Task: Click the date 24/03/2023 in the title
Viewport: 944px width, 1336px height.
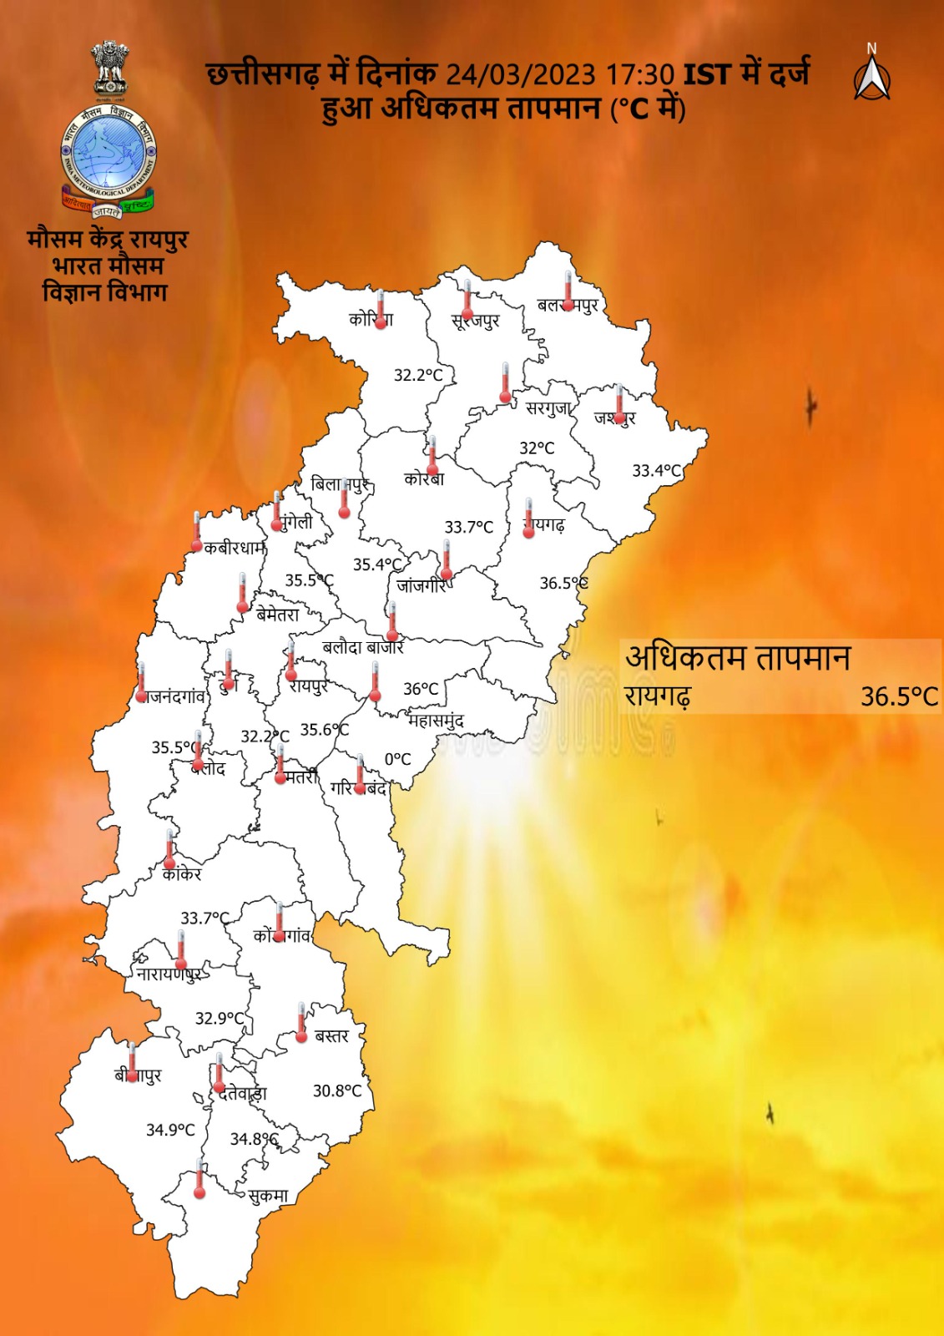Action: click(x=519, y=75)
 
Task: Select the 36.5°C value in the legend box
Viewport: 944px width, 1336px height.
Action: click(x=899, y=696)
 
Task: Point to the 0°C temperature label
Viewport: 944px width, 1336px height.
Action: click(x=397, y=759)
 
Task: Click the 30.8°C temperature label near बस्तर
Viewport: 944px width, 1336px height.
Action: click(x=337, y=1091)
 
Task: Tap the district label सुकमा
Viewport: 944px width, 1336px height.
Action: click(x=268, y=1196)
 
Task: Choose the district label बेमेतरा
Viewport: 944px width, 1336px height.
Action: click(x=277, y=615)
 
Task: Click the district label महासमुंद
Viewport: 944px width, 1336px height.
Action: click(x=436, y=720)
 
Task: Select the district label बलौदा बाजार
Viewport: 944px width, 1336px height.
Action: click(x=362, y=647)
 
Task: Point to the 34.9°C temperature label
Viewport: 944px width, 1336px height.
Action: click(x=170, y=1130)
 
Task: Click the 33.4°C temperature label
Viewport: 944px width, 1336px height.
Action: click(x=656, y=470)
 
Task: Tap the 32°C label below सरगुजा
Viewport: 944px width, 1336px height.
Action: click(x=537, y=448)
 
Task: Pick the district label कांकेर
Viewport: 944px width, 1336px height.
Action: click(x=182, y=874)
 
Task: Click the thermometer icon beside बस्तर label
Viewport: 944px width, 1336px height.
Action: click(x=301, y=1023)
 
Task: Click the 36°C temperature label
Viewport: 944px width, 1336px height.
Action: click(x=421, y=689)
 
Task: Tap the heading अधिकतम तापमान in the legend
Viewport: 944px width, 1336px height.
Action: click(x=738, y=658)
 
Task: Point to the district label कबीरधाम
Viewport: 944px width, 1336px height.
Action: click(x=235, y=549)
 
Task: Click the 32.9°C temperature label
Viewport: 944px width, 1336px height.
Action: click(x=220, y=1018)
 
